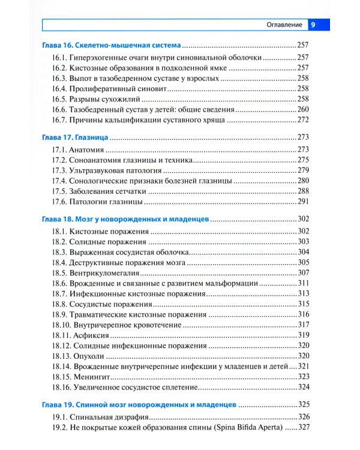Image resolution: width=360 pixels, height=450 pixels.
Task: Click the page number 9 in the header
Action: pyautogui.click(x=316, y=25)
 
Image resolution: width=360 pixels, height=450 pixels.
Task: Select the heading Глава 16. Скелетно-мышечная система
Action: pyautogui.click(x=112, y=45)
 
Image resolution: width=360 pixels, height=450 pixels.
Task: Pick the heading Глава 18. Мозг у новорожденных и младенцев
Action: pyautogui.click(x=126, y=220)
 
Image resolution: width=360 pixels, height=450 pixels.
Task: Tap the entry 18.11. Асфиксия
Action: pyautogui.click(x=83, y=335)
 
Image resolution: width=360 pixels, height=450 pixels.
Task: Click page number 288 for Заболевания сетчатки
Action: pyautogui.click(x=304, y=191)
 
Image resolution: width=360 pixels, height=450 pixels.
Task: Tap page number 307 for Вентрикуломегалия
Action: pyautogui.click(x=304, y=272)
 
